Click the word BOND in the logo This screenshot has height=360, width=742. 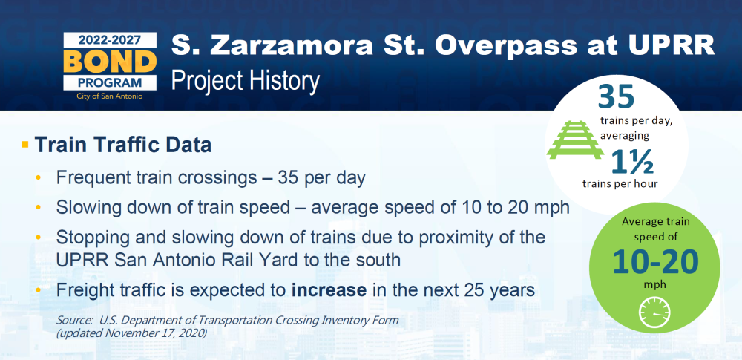[110, 61]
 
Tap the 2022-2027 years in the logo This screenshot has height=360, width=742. [110, 40]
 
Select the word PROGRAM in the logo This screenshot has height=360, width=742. [110, 82]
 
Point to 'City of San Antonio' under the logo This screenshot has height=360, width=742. [110, 96]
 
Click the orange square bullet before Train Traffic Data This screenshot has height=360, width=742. [25, 143]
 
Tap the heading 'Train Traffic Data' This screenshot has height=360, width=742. [123, 145]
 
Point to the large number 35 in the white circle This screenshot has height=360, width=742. [616, 96]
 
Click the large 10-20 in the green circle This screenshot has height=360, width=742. [655, 261]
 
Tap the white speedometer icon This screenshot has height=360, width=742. [655, 312]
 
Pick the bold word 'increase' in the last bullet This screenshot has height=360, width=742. [329, 290]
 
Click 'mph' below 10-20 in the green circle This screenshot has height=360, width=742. [655, 284]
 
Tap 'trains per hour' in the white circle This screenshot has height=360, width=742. [620, 184]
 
